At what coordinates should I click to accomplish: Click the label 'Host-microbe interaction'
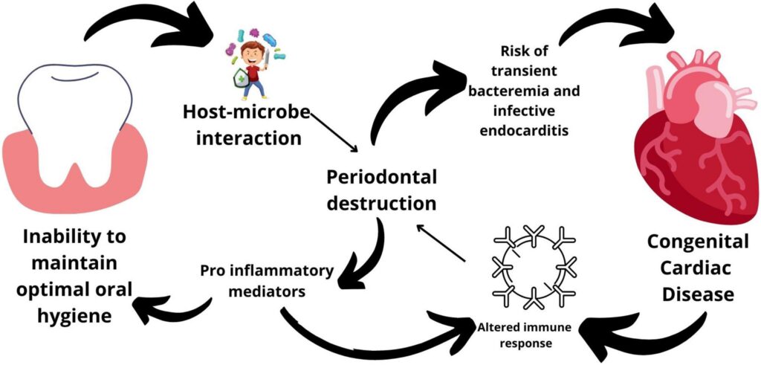[x=244, y=126]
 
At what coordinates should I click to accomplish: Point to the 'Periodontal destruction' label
[x=381, y=190]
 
